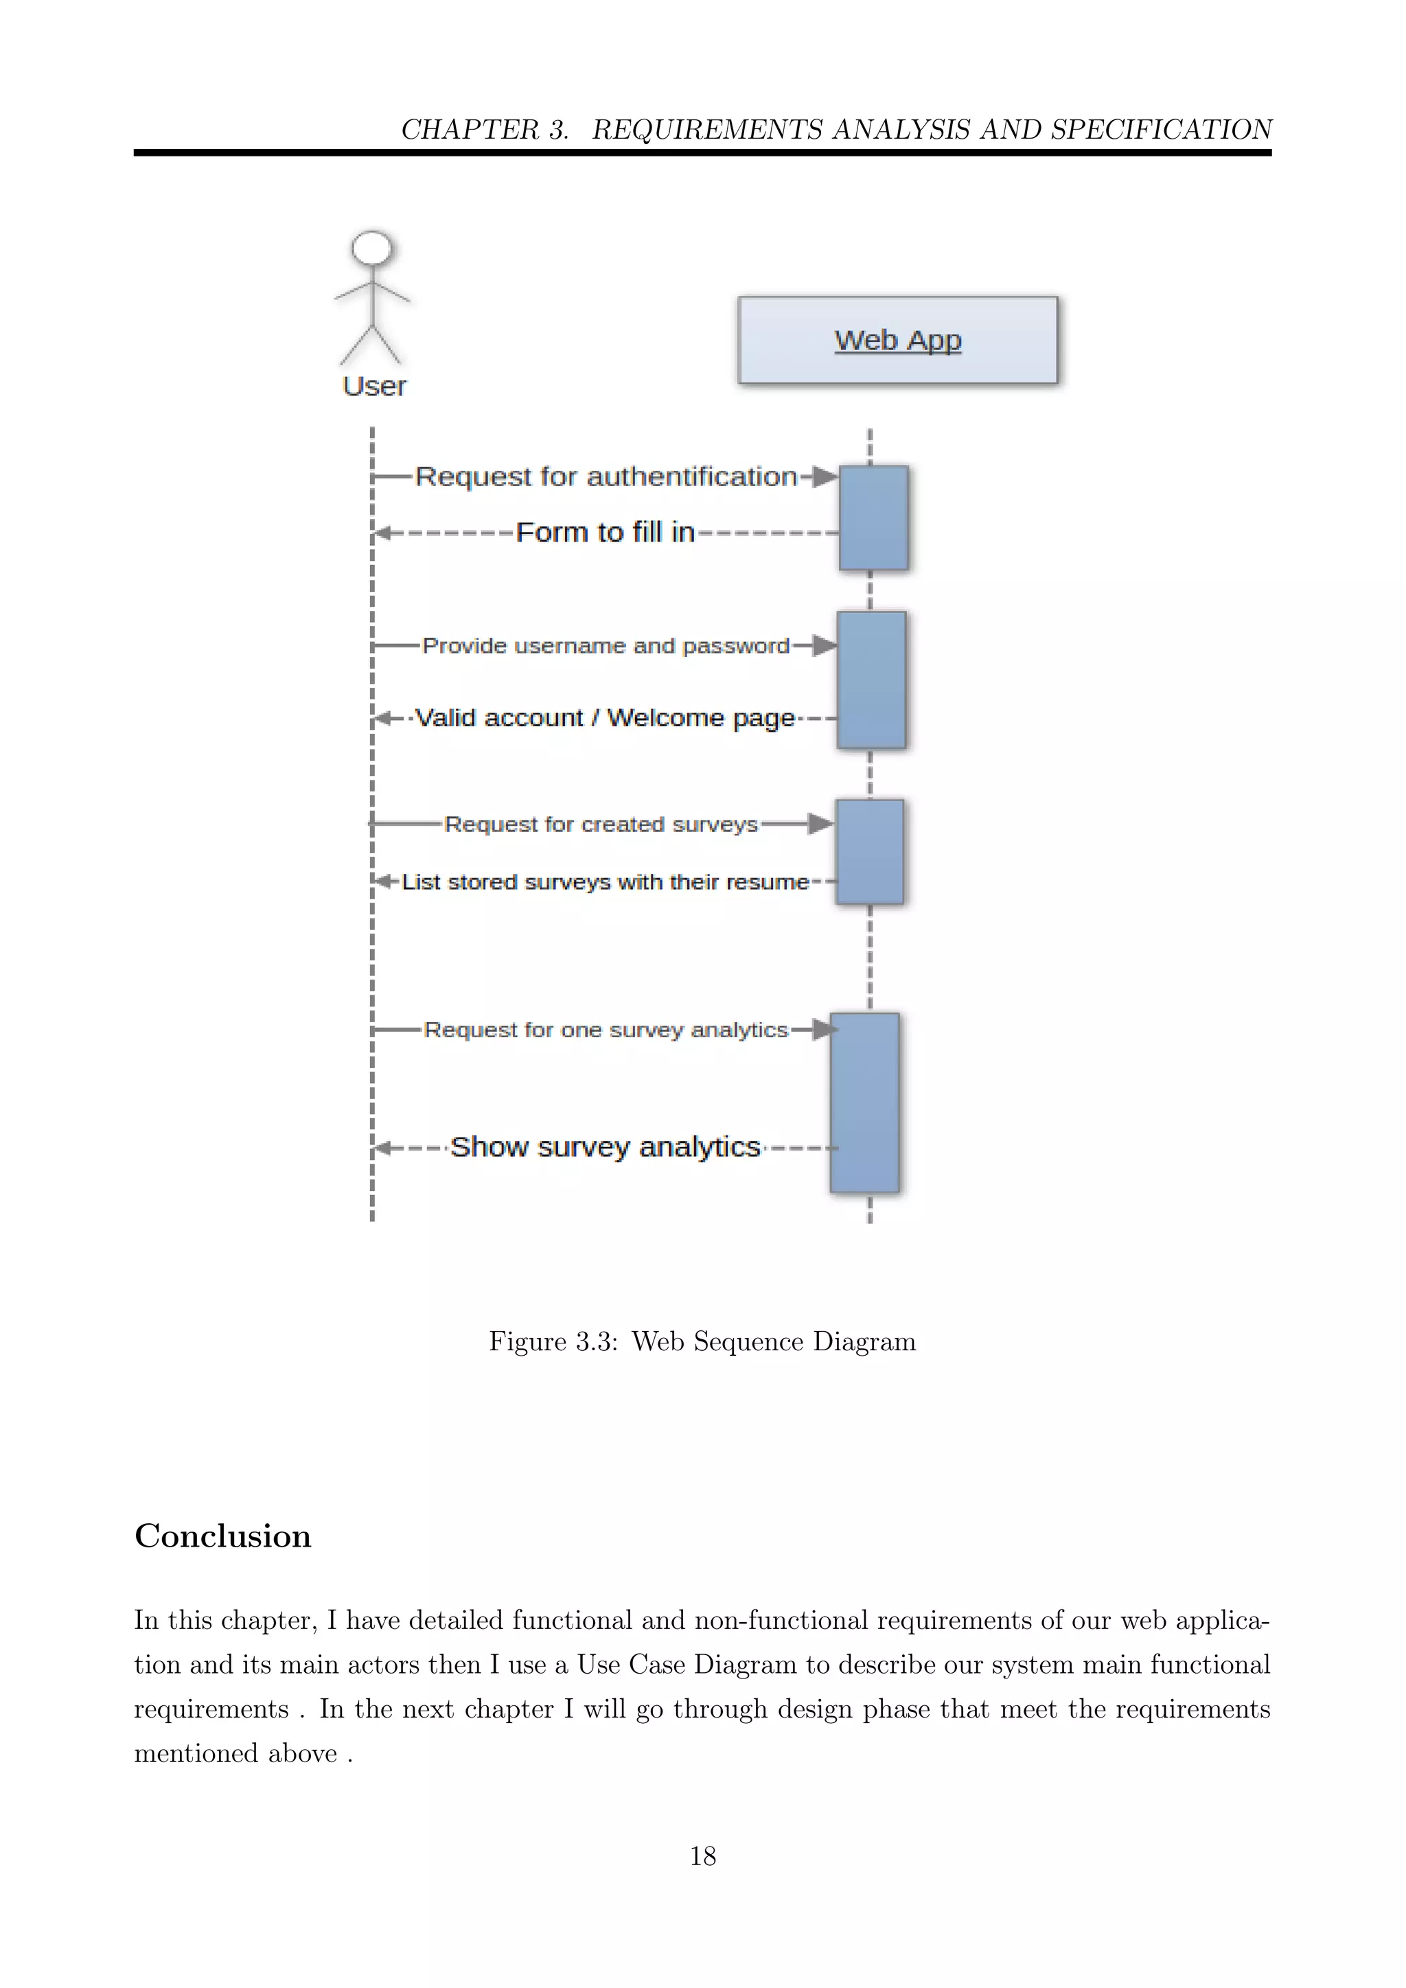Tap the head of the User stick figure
(x=371, y=249)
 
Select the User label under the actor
(x=374, y=386)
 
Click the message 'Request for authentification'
(x=606, y=476)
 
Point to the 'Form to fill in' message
(x=605, y=531)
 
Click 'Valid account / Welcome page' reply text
(x=604, y=718)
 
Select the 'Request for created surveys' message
(x=601, y=824)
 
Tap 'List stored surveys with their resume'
(x=605, y=881)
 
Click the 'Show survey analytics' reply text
(x=605, y=1146)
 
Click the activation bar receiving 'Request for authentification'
(x=873, y=518)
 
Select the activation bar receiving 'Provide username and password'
(x=871, y=680)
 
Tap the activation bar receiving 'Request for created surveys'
(x=869, y=852)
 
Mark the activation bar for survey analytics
(x=865, y=1103)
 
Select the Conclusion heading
(x=222, y=1536)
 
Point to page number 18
(x=702, y=1856)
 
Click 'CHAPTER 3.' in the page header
(x=485, y=129)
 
